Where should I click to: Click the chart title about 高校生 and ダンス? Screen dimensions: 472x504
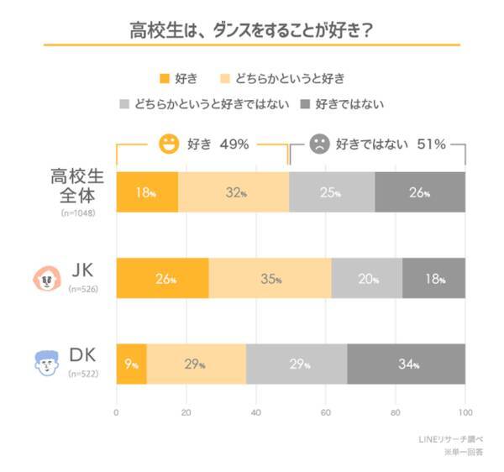click(251, 30)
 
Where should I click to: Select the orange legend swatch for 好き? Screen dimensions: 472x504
click(165, 78)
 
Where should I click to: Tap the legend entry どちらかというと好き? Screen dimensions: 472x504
click(282, 78)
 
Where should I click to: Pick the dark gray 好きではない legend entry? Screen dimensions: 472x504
click(342, 105)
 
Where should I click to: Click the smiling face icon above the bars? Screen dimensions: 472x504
click(170, 144)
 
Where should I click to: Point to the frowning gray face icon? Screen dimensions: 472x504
click(319, 144)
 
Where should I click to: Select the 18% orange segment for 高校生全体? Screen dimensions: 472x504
click(147, 192)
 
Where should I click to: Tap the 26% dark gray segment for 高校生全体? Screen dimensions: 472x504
click(420, 192)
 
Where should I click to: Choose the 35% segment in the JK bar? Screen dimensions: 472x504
click(270, 279)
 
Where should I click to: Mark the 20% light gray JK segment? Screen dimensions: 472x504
click(368, 279)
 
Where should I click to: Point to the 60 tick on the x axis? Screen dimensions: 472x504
click(325, 412)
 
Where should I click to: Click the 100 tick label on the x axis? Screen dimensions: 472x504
click(465, 412)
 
